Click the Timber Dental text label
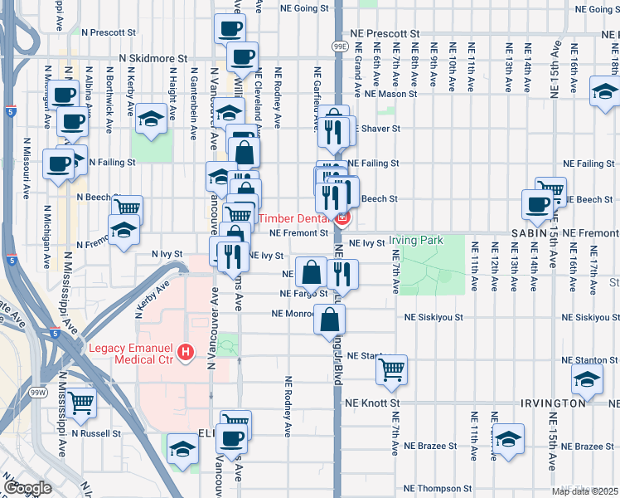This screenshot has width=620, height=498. (x=294, y=219)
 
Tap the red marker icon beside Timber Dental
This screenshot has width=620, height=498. (x=341, y=219)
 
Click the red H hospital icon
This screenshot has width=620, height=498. (x=186, y=352)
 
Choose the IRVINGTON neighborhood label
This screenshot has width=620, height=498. (x=553, y=403)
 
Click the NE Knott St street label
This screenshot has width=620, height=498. (x=372, y=403)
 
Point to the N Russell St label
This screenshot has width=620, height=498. (x=98, y=433)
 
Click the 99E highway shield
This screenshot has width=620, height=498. (x=339, y=47)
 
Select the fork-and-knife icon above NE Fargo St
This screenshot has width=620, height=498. (x=342, y=273)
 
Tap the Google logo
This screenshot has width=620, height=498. (x=27, y=488)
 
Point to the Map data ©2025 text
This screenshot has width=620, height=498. (x=584, y=491)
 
